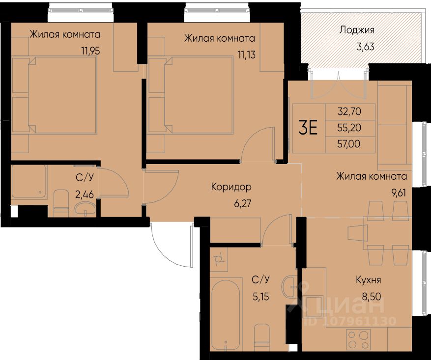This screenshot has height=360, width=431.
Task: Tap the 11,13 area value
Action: pos(247,55)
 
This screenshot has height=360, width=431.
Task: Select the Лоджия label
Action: pos(357,30)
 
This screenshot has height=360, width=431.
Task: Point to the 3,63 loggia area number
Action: pos(365,46)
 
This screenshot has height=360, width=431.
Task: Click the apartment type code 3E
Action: pos(308,128)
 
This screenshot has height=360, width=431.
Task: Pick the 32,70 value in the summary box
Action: pos(349,111)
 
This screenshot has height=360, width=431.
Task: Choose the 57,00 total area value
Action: pos(349,143)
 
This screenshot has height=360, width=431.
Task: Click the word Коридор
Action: pos(231,187)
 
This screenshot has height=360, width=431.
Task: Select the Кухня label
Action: pos(368,280)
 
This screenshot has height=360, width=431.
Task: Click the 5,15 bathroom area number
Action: pos(261,297)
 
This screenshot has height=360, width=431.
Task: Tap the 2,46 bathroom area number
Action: pos(85,194)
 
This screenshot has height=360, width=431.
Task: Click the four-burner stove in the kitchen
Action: pos(358,339)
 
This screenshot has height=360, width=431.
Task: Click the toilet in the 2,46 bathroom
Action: pos(61,203)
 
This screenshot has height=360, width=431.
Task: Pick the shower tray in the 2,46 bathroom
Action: pos(29,181)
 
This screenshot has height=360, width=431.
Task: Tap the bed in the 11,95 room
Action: pos(62,95)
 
